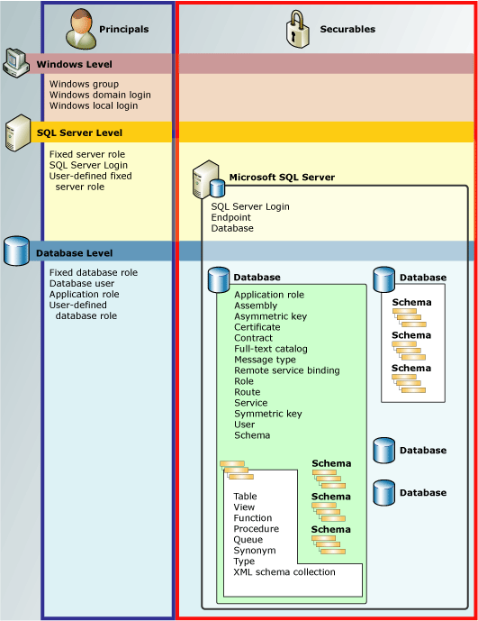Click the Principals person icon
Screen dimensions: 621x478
coord(80,29)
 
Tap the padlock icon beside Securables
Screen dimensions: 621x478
coord(298,29)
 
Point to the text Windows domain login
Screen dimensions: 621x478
coord(100,95)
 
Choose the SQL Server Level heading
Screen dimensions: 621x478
coord(79,132)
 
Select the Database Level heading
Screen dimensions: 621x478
coord(74,254)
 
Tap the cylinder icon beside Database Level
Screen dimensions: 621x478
coord(16,251)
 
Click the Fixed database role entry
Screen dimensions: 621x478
coord(94,272)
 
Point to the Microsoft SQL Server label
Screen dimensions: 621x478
coord(282,178)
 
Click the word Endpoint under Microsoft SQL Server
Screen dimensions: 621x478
coord(231,217)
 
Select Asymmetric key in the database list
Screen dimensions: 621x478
coord(270,316)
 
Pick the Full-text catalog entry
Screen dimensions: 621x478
coord(271,349)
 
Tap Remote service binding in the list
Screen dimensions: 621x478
coord(287,370)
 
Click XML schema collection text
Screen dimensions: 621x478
coord(284,572)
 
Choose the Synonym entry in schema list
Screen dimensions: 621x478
coord(255,551)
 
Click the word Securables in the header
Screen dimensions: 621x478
coord(347,30)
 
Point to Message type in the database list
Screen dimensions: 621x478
coord(266,360)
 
